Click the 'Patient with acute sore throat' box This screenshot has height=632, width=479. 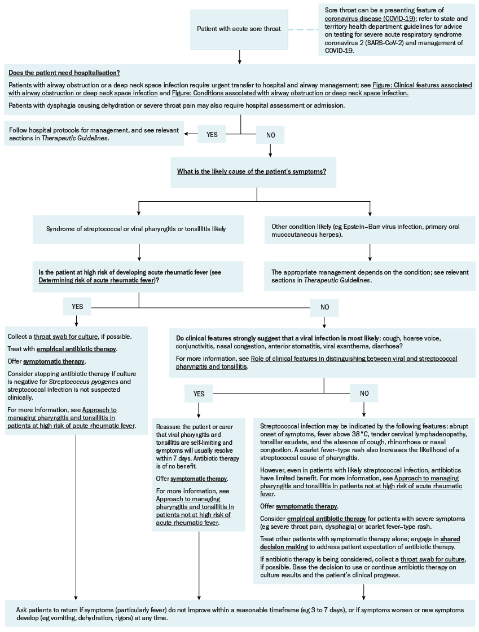[239, 29]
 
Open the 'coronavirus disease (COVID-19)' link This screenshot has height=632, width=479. [370, 19]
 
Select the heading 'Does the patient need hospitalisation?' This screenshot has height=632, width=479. [64, 73]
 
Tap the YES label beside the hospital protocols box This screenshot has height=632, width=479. [212, 135]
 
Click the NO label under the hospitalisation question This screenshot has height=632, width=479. [271, 135]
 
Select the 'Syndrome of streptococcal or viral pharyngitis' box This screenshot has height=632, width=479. [138, 229]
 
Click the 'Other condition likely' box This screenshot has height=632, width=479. [370, 230]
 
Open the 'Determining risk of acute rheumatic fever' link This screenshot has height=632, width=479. [97, 281]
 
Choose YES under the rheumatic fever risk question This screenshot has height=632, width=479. [77, 307]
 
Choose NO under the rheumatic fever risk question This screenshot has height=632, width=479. [324, 307]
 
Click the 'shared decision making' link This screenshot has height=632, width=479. [360, 543]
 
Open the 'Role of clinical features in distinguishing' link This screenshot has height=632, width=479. [317, 363]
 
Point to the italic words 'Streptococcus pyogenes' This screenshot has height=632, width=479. [84, 382]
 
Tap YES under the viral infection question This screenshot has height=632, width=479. [199, 394]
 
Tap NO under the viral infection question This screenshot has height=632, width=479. [364, 394]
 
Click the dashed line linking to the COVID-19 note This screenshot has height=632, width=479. [303, 29]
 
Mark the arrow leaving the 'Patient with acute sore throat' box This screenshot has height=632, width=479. [239, 57]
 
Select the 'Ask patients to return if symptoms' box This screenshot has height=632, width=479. [240, 614]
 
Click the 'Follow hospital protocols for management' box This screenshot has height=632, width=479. [94, 134]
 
